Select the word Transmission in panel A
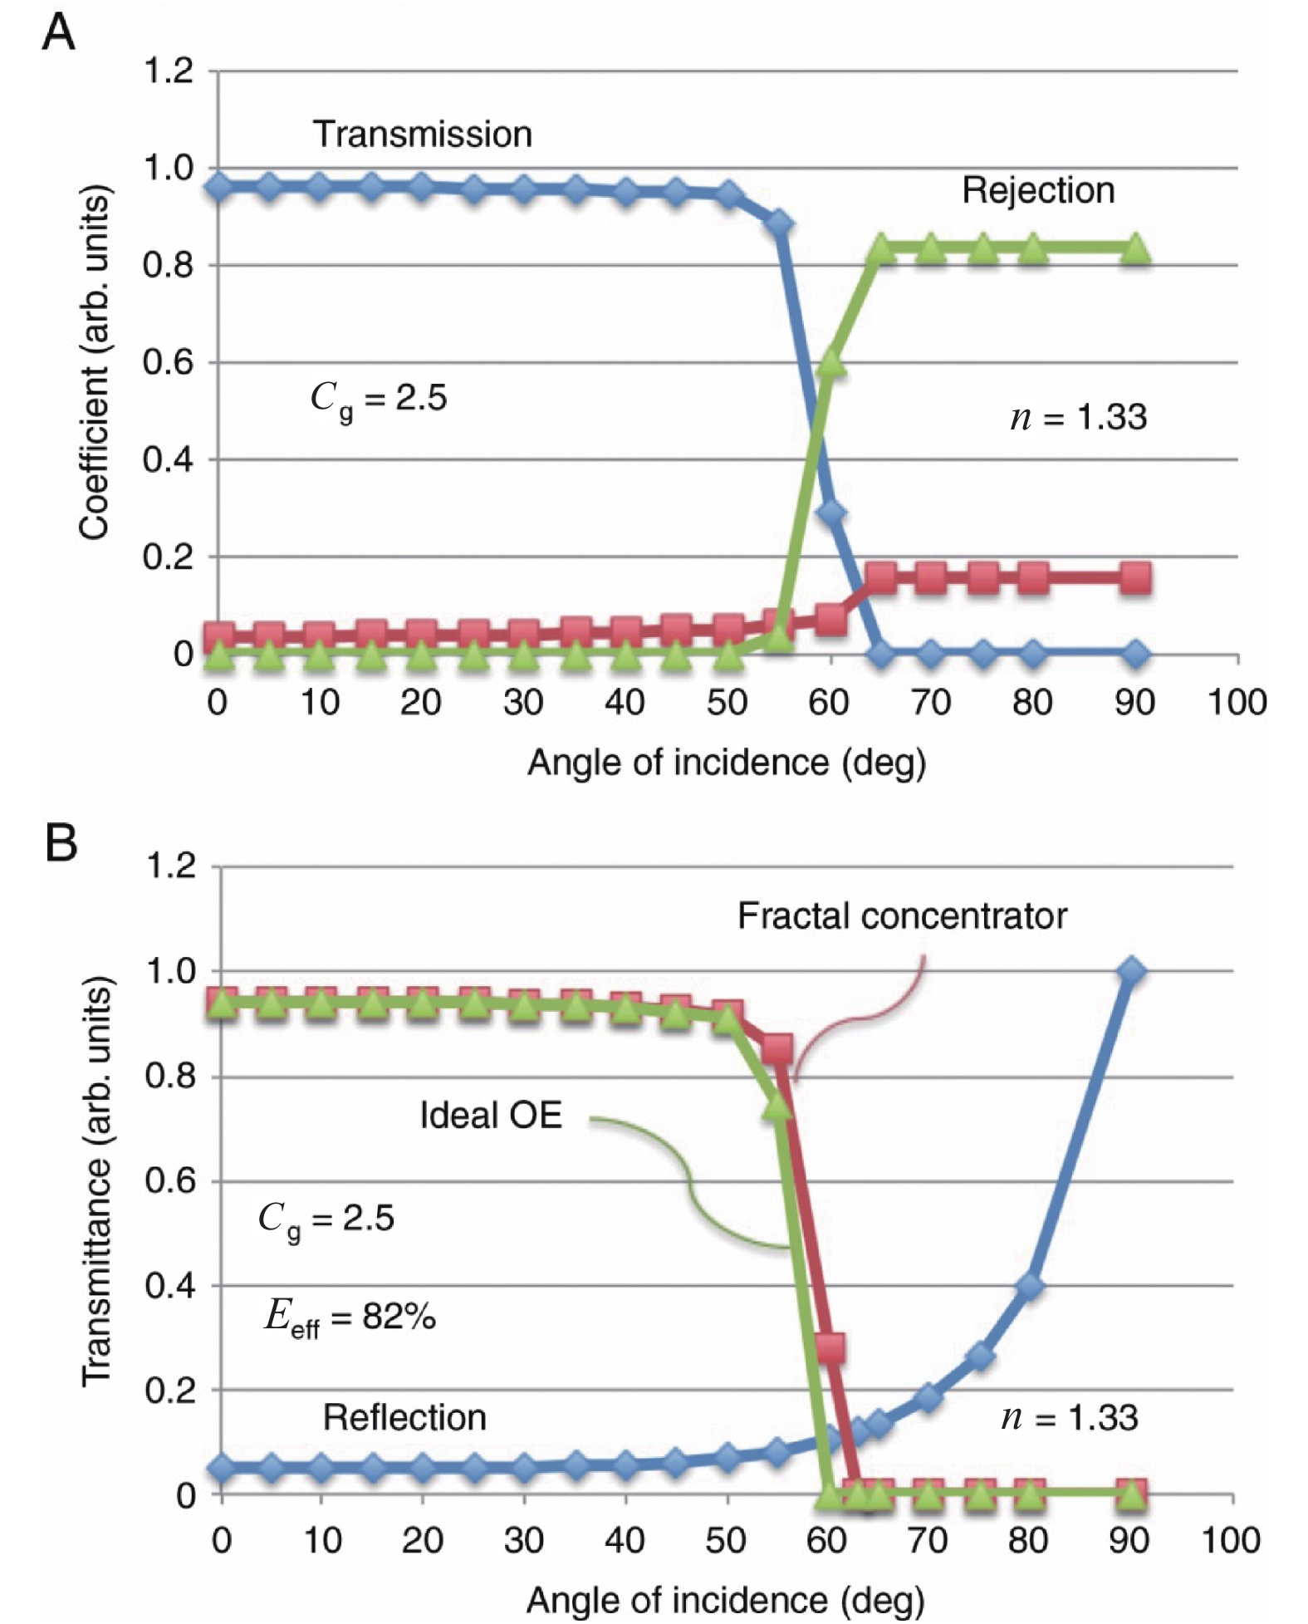pyautogui.click(x=422, y=135)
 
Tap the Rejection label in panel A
pyautogui.click(x=1037, y=190)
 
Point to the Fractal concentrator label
pyautogui.click(x=901, y=915)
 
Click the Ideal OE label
pyautogui.click(x=491, y=1115)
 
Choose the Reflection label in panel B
pyautogui.click(x=404, y=1417)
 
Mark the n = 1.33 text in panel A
pyautogui.click(x=1078, y=416)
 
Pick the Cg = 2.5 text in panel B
pyautogui.click(x=326, y=1219)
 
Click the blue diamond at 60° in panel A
pyautogui.click(x=830, y=513)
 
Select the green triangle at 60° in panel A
pyautogui.click(x=830, y=364)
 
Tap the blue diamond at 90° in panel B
pyautogui.click(x=1131, y=971)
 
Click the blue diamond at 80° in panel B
pyautogui.click(x=1030, y=1286)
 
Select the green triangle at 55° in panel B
pyautogui.click(x=778, y=1105)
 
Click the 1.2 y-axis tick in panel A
pyautogui.click(x=169, y=71)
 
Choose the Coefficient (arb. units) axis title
pyautogui.click(x=95, y=362)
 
